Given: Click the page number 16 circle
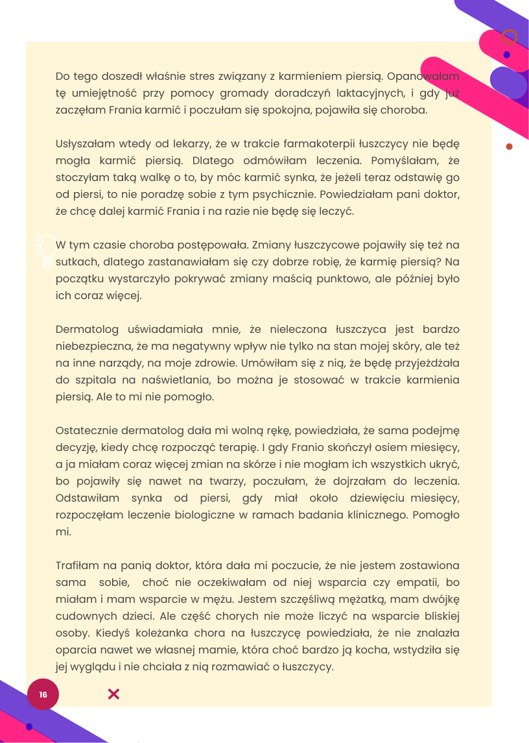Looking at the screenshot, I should [x=43, y=694].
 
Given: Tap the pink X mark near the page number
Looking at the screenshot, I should [x=113, y=694].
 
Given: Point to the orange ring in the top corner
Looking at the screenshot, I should [x=510, y=36].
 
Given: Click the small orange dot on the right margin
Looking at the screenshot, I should [x=509, y=147].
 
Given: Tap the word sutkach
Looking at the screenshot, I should [x=73, y=262].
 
